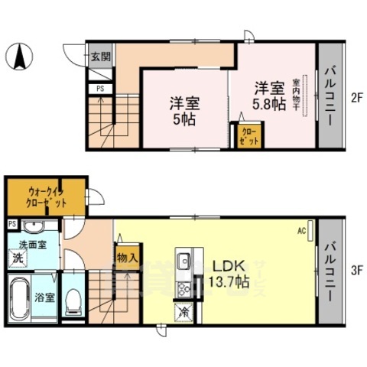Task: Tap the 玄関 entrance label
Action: coord(100,56)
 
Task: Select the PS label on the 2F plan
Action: coord(100,89)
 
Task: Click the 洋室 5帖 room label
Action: coord(183,111)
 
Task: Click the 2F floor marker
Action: coord(356,97)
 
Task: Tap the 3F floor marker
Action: coord(356,269)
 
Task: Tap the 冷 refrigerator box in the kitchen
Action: coord(184,311)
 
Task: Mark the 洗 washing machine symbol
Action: coord(17,259)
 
